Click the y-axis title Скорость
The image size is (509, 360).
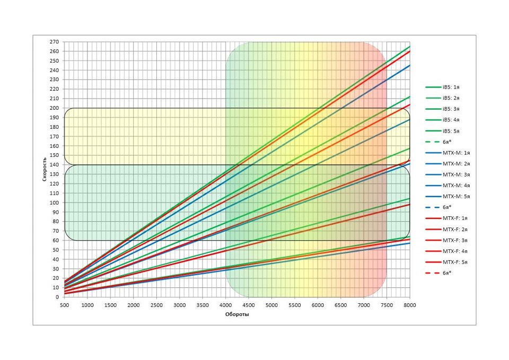46,169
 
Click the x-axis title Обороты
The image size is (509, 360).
236,314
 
